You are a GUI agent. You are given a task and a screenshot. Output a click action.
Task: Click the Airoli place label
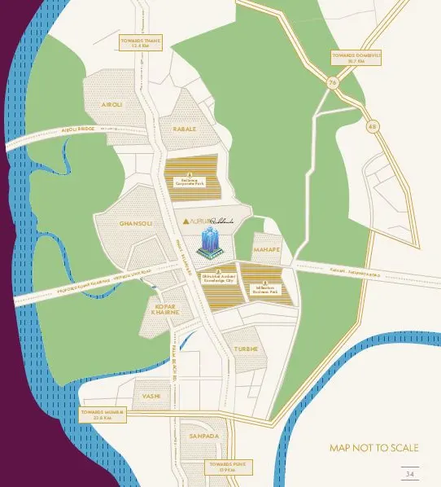pos(111,105)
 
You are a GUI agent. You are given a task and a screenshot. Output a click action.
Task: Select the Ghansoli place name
pos(135,222)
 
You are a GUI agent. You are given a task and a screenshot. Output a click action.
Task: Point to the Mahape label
pos(267,249)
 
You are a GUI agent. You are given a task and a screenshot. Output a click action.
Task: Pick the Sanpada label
pos(203,437)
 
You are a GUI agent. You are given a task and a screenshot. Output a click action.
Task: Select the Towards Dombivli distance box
pos(356,57)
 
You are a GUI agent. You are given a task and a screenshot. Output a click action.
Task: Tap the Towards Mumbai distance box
pos(103,415)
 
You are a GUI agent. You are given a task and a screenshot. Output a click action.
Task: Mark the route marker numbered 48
pos(373,125)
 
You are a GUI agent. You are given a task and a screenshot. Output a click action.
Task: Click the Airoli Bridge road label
pos(78,129)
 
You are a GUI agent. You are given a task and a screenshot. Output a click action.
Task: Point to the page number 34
pos(409,473)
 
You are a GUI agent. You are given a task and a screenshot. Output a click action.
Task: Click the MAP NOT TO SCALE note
pos(373,448)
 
